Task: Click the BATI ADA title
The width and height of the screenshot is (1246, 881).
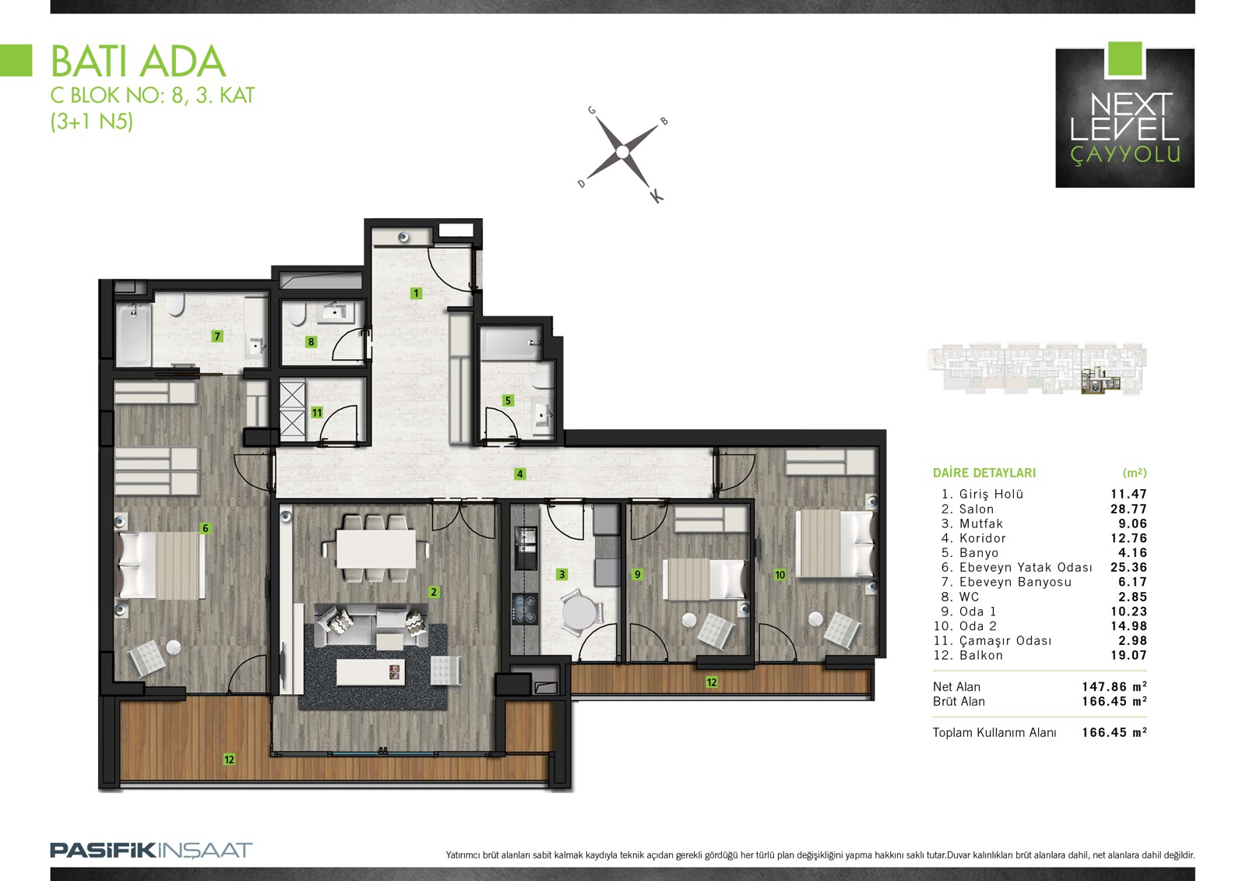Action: pos(139,62)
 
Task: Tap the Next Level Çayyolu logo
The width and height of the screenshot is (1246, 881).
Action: pos(1125,115)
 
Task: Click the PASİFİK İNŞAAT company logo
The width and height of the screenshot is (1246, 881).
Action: pos(151,851)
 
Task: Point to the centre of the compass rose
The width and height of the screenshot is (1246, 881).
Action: pos(622,152)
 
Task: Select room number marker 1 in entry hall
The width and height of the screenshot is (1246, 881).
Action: pos(416,293)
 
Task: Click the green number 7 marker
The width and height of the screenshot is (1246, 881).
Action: pos(217,337)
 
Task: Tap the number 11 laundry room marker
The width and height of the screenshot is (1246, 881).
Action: pos(316,412)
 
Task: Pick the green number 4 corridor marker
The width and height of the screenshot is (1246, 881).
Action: pos(519,474)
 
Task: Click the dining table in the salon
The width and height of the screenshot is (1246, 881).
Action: pos(376,548)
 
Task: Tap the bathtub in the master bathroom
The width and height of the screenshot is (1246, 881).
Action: pos(133,333)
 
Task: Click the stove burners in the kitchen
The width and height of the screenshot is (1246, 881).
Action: pos(524,609)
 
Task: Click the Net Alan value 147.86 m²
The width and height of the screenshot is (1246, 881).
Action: pos(1114,687)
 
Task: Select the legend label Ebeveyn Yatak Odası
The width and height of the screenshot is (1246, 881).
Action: pos(1026,567)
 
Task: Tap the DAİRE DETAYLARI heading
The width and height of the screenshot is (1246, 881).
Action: pos(984,473)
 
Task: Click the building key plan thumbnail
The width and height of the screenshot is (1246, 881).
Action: pos(1037,369)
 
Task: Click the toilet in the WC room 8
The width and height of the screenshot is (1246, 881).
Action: pos(297,315)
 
